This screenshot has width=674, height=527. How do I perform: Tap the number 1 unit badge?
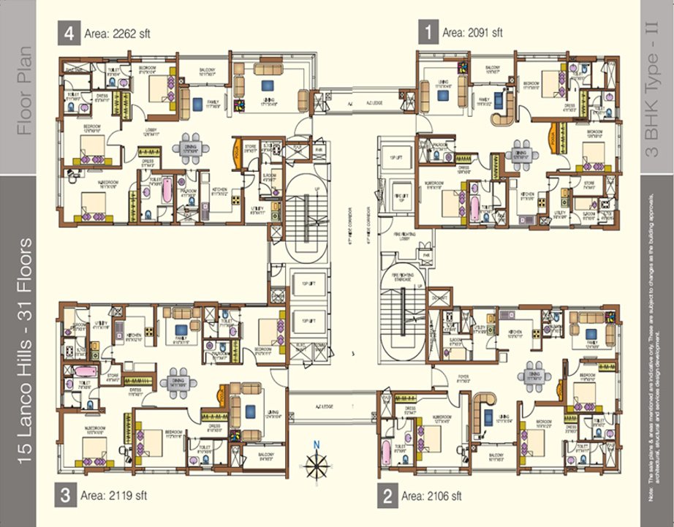tap(427, 32)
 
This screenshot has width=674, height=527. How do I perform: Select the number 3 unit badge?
tap(65, 495)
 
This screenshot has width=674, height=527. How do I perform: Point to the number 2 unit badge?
tap(387, 496)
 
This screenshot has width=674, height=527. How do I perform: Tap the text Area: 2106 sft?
tap(431, 496)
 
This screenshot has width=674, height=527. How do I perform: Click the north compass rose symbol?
tap(317, 464)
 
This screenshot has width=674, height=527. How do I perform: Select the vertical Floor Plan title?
tap(26, 91)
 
